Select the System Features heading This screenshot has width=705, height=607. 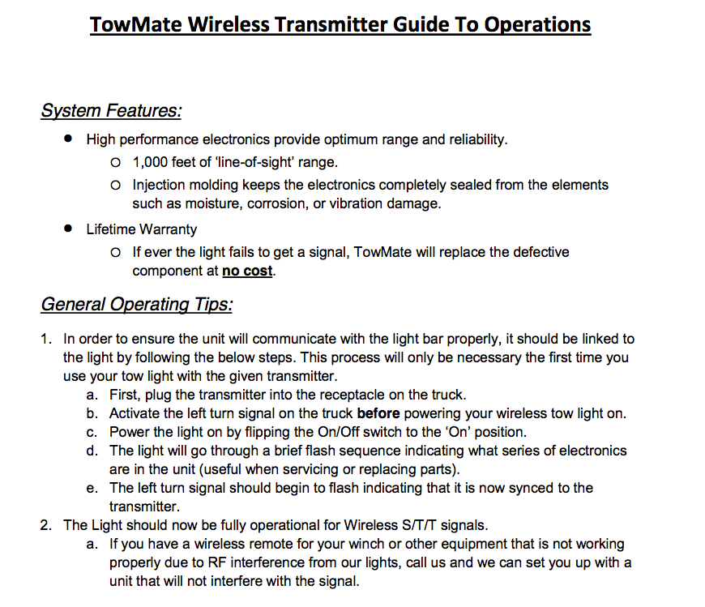[111, 110]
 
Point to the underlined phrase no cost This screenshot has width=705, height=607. [247, 271]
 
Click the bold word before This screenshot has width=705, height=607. [378, 413]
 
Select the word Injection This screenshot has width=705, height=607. [160, 185]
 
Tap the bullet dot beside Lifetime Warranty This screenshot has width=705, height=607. [68, 229]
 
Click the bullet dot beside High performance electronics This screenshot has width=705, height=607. [68, 139]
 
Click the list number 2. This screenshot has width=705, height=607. [45, 525]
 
